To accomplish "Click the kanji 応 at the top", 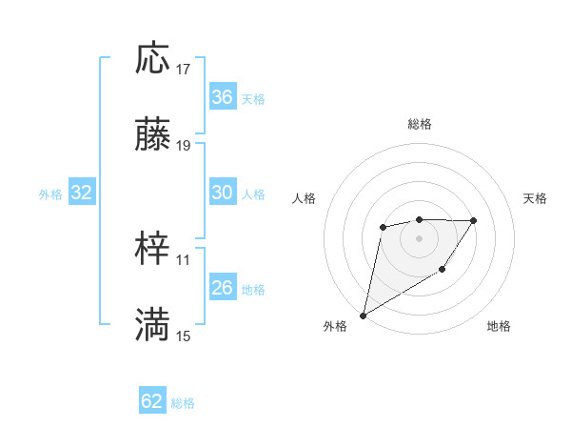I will point(152,59).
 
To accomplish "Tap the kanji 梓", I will point(152,249).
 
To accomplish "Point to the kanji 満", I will point(152,325).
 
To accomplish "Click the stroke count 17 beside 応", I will point(184,69).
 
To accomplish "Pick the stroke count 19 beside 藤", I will point(184,146).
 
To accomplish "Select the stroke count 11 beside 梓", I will point(184,258).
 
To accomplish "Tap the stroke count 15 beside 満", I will point(184,336).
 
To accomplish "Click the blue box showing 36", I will point(223,97).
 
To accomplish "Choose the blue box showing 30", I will point(223,193).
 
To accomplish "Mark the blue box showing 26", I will point(223,288).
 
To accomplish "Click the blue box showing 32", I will point(82,193).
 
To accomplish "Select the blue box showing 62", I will point(152,401).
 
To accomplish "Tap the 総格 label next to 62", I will point(183,403).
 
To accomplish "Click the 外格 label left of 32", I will point(50,194).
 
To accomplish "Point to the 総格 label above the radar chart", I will point(419,124).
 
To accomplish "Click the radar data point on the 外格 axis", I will point(364,315).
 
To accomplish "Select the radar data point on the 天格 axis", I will point(474,220).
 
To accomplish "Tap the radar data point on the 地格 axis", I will point(443,271).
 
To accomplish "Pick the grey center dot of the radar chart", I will point(419,238).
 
